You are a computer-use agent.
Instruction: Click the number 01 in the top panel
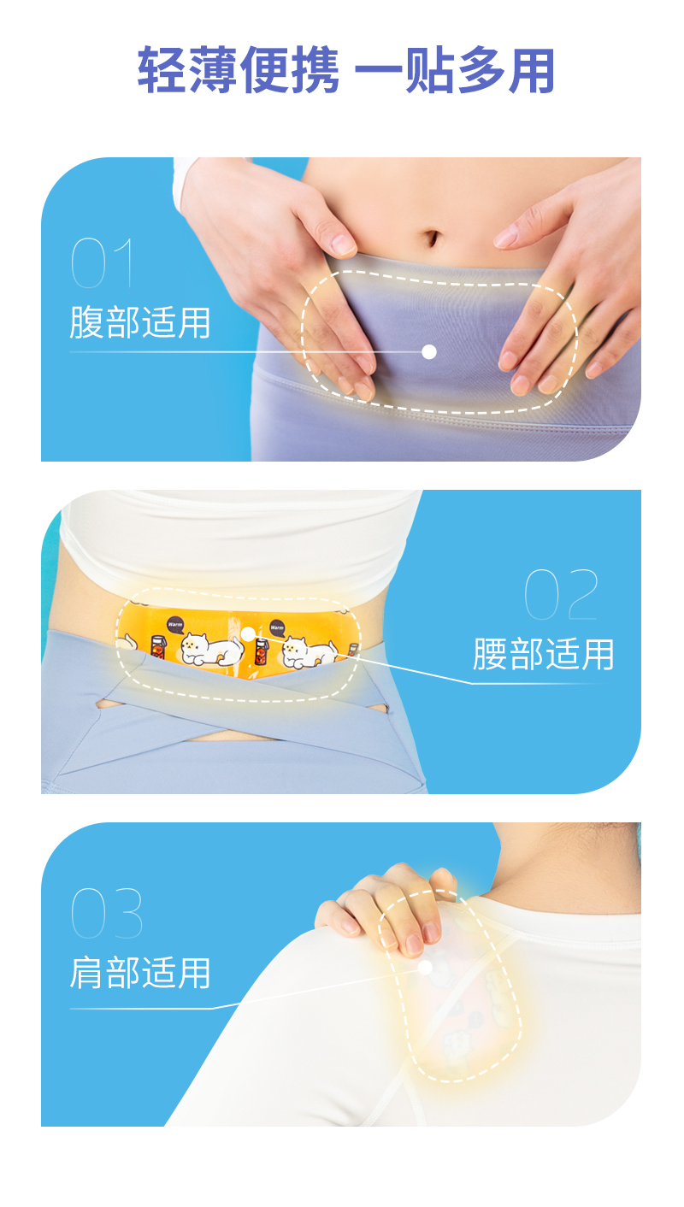(x=103, y=263)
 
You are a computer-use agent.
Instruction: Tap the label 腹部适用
(x=140, y=323)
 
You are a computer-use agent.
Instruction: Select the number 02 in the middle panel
(x=561, y=595)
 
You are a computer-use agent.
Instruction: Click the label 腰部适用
(x=544, y=655)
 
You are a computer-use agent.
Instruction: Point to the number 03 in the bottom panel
(x=106, y=913)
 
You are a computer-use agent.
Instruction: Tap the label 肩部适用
(x=140, y=973)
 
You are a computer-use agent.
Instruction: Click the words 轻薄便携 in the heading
(x=239, y=70)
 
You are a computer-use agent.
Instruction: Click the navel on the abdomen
(x=435, y=237)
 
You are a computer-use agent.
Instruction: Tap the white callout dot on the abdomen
(x=429, y=351)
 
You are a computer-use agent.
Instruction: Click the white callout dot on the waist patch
(x=248, y=633)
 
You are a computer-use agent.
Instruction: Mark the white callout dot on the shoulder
(x=425, y=968)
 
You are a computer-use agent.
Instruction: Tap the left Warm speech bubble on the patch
(x=176, y=624)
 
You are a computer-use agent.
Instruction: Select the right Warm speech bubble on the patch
(x=277, y=627)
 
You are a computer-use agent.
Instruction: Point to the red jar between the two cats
(x=262, y=651)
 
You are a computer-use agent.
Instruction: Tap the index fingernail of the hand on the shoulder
(x=415, y=943)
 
